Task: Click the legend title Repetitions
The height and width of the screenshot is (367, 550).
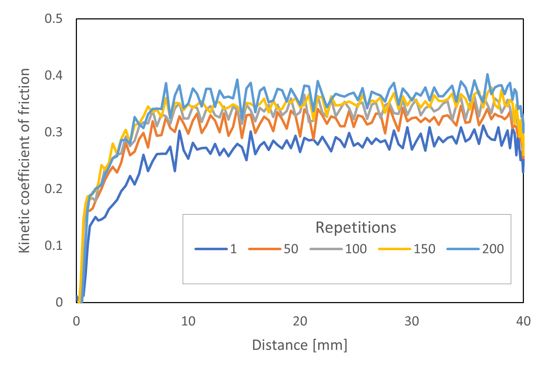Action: pos(356,228)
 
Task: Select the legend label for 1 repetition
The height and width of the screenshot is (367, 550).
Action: pos(234,249)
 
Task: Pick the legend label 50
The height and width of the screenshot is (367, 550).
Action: pos(291,249)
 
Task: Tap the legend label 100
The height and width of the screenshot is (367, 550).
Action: pos(356,249)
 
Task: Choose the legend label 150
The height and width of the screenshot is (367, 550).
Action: pos(424,249)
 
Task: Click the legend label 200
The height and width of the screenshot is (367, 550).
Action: pos(493,249)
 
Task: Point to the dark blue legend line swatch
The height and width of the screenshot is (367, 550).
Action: pos(211,249)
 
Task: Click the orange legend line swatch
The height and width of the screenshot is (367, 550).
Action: pos(265,249)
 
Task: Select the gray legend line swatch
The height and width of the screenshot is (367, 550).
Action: pos(326,249)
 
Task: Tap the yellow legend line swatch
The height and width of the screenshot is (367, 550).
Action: pos(395,249)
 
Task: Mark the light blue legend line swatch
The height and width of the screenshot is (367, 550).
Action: pos(463,249)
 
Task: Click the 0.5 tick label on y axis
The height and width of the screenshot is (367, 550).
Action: pos(54,19)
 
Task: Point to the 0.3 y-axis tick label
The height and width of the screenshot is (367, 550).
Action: pos(54,132)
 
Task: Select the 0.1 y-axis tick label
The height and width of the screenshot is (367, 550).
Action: pos(54,246)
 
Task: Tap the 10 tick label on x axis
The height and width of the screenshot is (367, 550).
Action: pos(188,321)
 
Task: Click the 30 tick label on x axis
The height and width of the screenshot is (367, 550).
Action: pos(412,321)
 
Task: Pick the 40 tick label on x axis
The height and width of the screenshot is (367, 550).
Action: pos(523,321)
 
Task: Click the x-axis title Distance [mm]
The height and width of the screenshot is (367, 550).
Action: pos(300,345)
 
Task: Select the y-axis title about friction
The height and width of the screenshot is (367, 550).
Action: pos(24,161)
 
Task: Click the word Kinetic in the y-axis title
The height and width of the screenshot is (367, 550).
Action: pos(24,235)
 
